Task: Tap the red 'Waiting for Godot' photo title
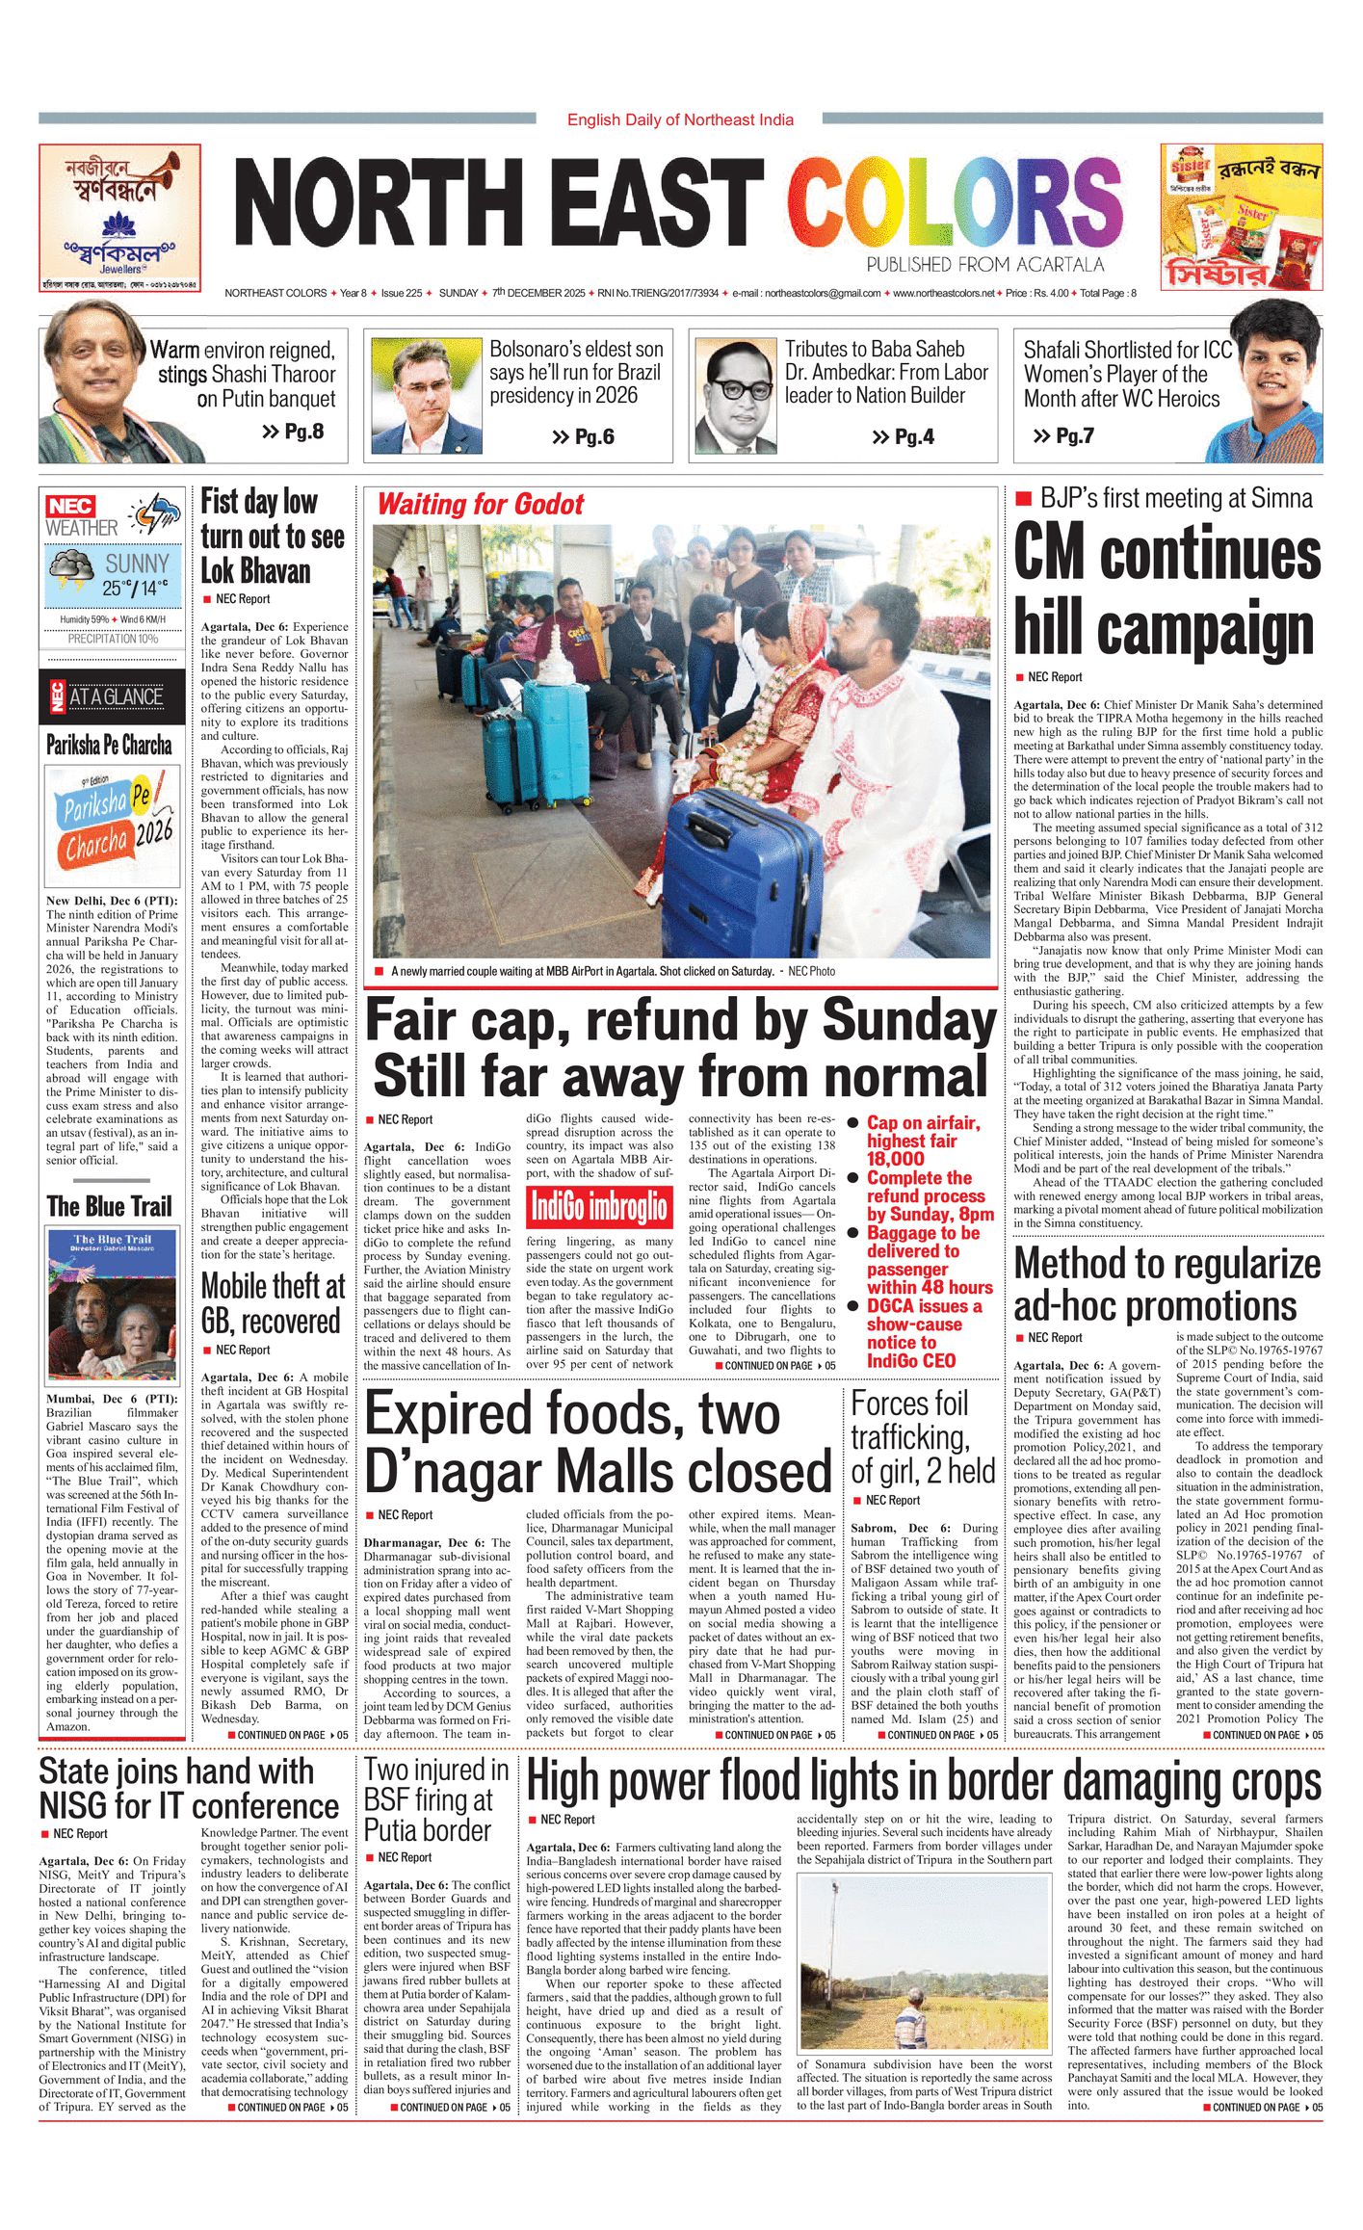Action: tap(480, 504)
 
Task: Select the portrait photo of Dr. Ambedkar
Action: tap(735, 396)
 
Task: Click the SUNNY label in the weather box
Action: tap(137, 564)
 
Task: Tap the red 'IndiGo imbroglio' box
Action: tap(598, 1207)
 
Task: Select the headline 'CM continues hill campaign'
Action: tap(1166, 589)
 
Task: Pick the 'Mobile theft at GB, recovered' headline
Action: tap(273, 1303)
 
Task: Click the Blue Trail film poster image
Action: tap(113, 1306)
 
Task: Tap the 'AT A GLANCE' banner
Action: tap(114, 696)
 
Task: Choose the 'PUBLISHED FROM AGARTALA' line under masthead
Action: tap(984, 265)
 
